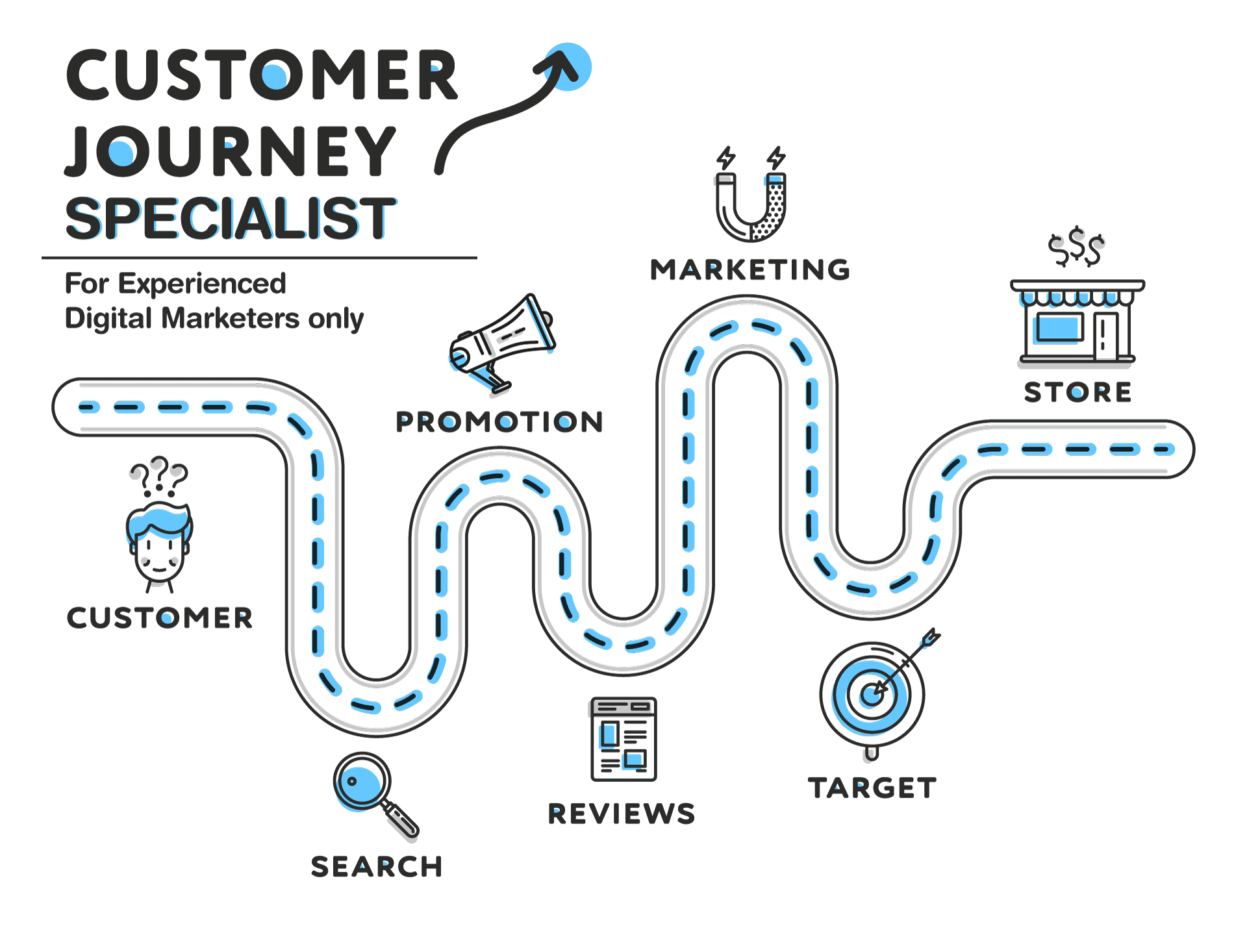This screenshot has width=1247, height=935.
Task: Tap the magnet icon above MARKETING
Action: click(751, 205)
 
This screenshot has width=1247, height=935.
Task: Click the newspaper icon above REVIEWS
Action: click(623, 739)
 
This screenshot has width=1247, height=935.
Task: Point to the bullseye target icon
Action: click(872, 695)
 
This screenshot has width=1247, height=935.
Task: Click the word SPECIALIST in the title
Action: click(231, 219)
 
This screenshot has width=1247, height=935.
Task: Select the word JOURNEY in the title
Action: click(231, 151)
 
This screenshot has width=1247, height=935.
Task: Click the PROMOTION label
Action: click(499, 422)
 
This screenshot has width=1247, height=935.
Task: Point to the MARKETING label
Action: click(750, 270)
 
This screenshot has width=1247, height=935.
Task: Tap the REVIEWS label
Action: click(622, 814)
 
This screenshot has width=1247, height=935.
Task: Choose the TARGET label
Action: click(872, 788)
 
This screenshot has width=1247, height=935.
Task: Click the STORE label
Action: click(1077, 392)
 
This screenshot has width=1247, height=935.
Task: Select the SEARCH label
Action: click(377, 867)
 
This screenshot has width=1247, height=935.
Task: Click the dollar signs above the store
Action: click(1076, 247)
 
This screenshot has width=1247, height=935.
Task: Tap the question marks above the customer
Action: click(159, 476)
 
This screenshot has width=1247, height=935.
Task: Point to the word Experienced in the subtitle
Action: click(202, 284)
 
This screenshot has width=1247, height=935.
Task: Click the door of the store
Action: click(1105, 336)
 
